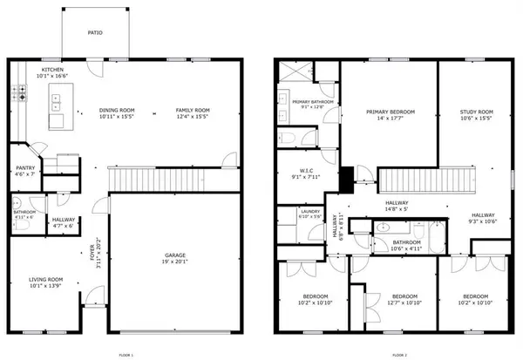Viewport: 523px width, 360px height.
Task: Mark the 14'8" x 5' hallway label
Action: point(397,207)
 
